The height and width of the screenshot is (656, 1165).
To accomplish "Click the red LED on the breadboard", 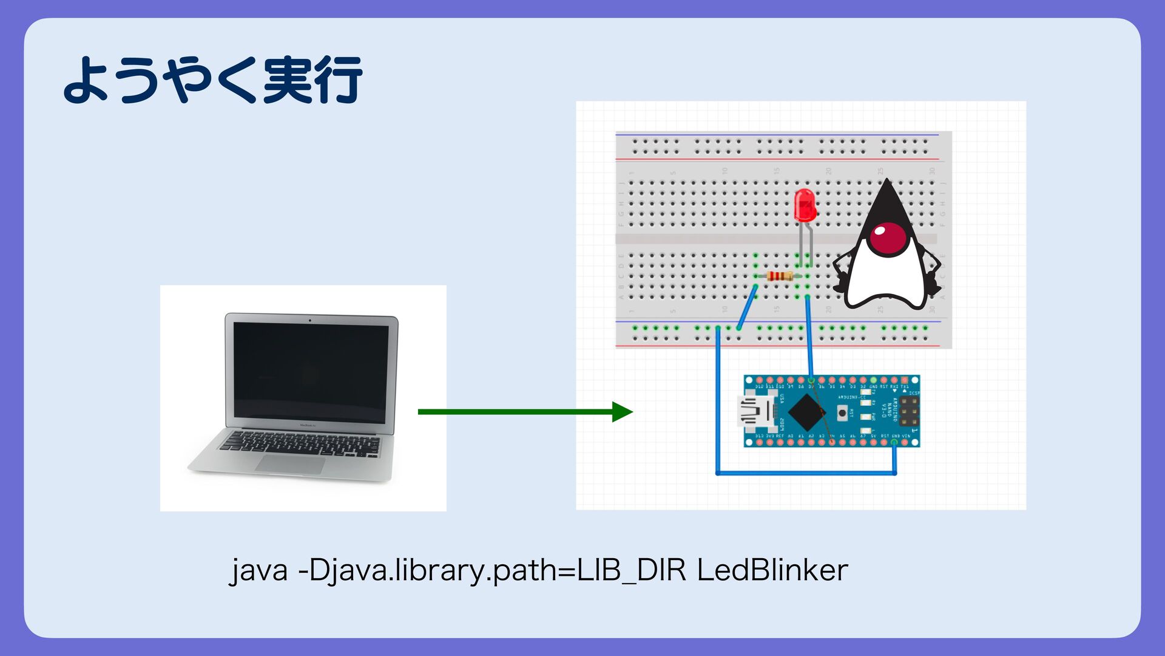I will click(x=805, y=205).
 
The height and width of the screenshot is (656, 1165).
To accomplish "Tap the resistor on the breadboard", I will click(x=779, y=276).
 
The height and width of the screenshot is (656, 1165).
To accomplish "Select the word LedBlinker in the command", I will click(x=772, y=570).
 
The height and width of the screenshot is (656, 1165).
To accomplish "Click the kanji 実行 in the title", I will click(x=313, y=80).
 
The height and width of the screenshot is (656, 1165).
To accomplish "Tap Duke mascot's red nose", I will click(x=888, y=237).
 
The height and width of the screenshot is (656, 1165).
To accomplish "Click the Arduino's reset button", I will click(x=842, y=413).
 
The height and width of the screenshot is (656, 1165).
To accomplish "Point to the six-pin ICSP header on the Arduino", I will click(x=908, y=411).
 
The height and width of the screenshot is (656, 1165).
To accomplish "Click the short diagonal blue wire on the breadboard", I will click(x=747, y=307).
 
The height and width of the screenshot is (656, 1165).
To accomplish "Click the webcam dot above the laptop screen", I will click(x=310, y=319).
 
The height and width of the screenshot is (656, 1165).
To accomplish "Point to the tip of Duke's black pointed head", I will click(x=887, y=180).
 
